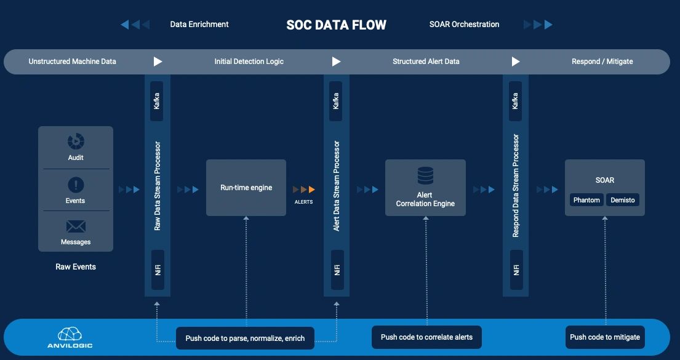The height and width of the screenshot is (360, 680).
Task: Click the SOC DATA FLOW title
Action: [x=336, y=25]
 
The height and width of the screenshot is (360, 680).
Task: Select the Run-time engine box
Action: [x=246, y=188]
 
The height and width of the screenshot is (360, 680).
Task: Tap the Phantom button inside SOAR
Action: [x=586, y=200]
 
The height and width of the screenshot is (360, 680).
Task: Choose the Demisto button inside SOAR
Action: [x=623, y=200]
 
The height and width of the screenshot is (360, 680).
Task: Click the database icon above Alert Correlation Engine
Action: [x=425, y=176]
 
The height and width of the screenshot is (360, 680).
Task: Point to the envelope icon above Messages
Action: [x=76, y=226]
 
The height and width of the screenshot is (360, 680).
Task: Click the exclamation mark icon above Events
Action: [x=76, y=185]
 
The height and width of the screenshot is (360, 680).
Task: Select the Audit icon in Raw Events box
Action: [x=76, y=142]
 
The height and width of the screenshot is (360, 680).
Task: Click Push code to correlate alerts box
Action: [x=426, y=337]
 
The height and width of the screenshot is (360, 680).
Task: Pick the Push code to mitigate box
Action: [x=605, y=337]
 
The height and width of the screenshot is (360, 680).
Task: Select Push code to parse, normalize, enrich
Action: [x=246, y=338]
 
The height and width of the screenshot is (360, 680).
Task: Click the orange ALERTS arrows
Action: [x=304, y=190]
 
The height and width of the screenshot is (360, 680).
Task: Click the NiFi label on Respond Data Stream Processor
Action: [x=516, y=270]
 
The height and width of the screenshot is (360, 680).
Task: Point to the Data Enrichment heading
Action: [x=199, y=25]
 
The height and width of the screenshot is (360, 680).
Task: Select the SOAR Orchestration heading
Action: [x=464, y=25]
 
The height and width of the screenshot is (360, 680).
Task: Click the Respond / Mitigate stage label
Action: [x=602, y=62]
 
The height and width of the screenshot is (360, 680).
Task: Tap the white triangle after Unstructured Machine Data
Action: [x=158, y=62]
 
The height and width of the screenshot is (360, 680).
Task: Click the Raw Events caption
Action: [x=76, y=267]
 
